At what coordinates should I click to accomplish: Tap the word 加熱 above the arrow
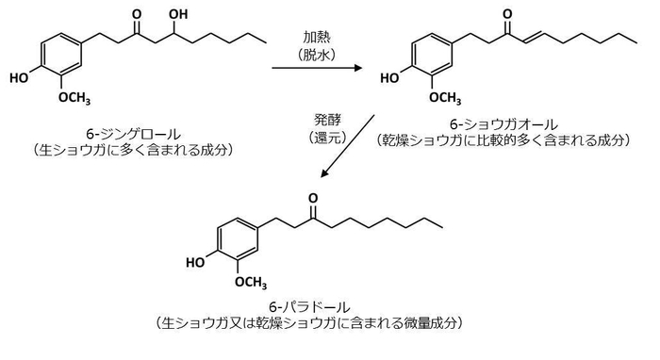(x=317, y=38)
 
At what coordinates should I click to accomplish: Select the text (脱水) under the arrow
(x=317, y=55)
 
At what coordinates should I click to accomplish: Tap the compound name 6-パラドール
(x=310, y=306)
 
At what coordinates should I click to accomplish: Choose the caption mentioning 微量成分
(x=310, y=322)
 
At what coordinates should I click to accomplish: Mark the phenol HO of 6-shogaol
(x=389, y=78)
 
